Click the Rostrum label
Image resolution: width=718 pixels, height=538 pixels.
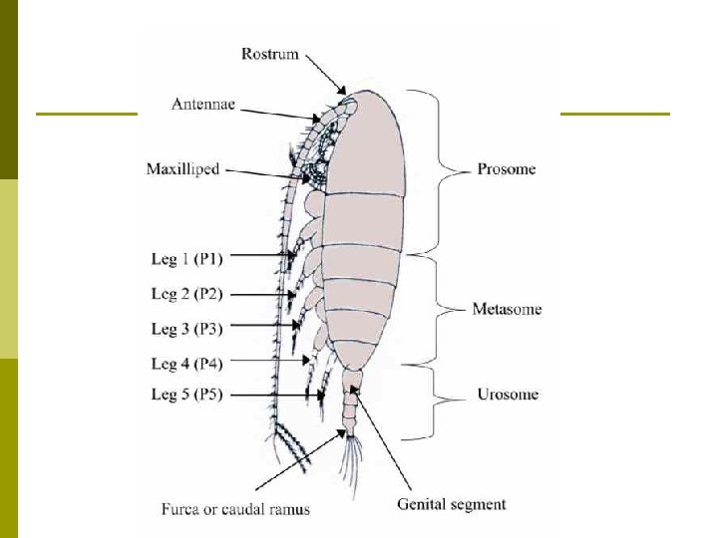[x=269, y=53]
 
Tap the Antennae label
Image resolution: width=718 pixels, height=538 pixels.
[x=203, y=103]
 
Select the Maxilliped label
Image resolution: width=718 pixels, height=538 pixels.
[x=182, y=168]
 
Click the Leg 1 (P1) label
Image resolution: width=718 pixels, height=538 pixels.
[x=187, y=258]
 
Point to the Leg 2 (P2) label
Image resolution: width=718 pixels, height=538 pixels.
[x=186, y=294]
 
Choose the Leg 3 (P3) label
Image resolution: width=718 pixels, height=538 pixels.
[x=186, y=328]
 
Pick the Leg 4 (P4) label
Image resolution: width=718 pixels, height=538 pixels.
[x=186, y=364]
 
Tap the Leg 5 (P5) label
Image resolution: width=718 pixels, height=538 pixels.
[x=186, y=395]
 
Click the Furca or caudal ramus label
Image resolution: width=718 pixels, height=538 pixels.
[x=235, y=509]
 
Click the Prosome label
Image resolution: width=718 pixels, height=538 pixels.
[x=507, y=168]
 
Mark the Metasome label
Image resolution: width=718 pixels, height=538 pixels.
[x=507, y=309]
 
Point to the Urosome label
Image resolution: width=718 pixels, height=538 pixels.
[x=506, y=395]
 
